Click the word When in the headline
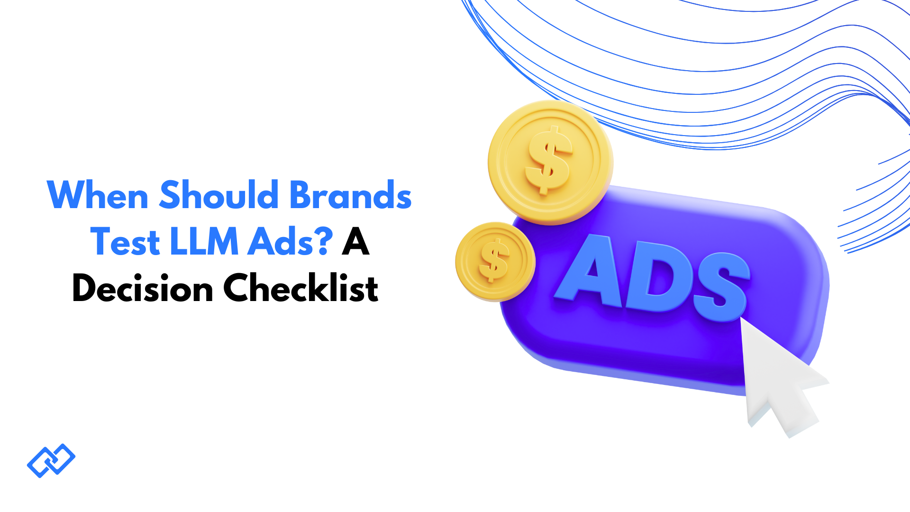(x=98, y=195)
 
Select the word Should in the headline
(x=219, y=195)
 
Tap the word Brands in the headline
(x=350, y=195)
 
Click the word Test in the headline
(x=125, y=242)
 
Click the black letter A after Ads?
(x=355, y=242)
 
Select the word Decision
(x=143, y=289)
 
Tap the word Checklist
(x=301, y=288)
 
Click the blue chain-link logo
(x=51, y=460)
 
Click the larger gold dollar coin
(x=550, y=162)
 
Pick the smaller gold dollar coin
(x=495, y=262)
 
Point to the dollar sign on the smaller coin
(x=494, y=260)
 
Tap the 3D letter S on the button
(x=720, y=287)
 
